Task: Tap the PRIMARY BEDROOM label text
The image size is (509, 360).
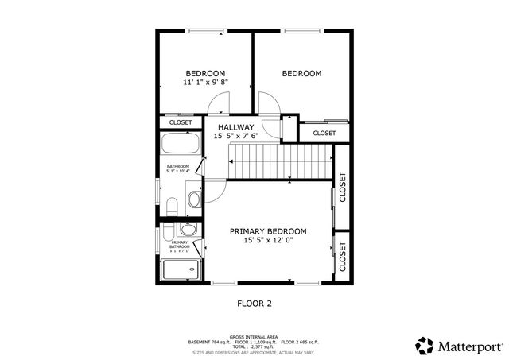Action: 268,231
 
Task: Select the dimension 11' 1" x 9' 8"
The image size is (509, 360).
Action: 205,82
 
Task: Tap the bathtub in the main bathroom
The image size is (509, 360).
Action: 180,145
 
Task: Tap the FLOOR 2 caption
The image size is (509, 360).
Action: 255,303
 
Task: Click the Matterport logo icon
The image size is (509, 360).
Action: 424,346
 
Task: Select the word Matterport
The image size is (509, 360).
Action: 469,346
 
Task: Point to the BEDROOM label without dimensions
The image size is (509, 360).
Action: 301,74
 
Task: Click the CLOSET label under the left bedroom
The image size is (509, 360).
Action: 180,122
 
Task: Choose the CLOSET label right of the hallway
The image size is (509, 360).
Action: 324,133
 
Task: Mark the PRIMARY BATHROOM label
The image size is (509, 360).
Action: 179,245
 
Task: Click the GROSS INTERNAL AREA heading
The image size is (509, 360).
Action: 253,336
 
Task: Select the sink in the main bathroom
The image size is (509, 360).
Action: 193,197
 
